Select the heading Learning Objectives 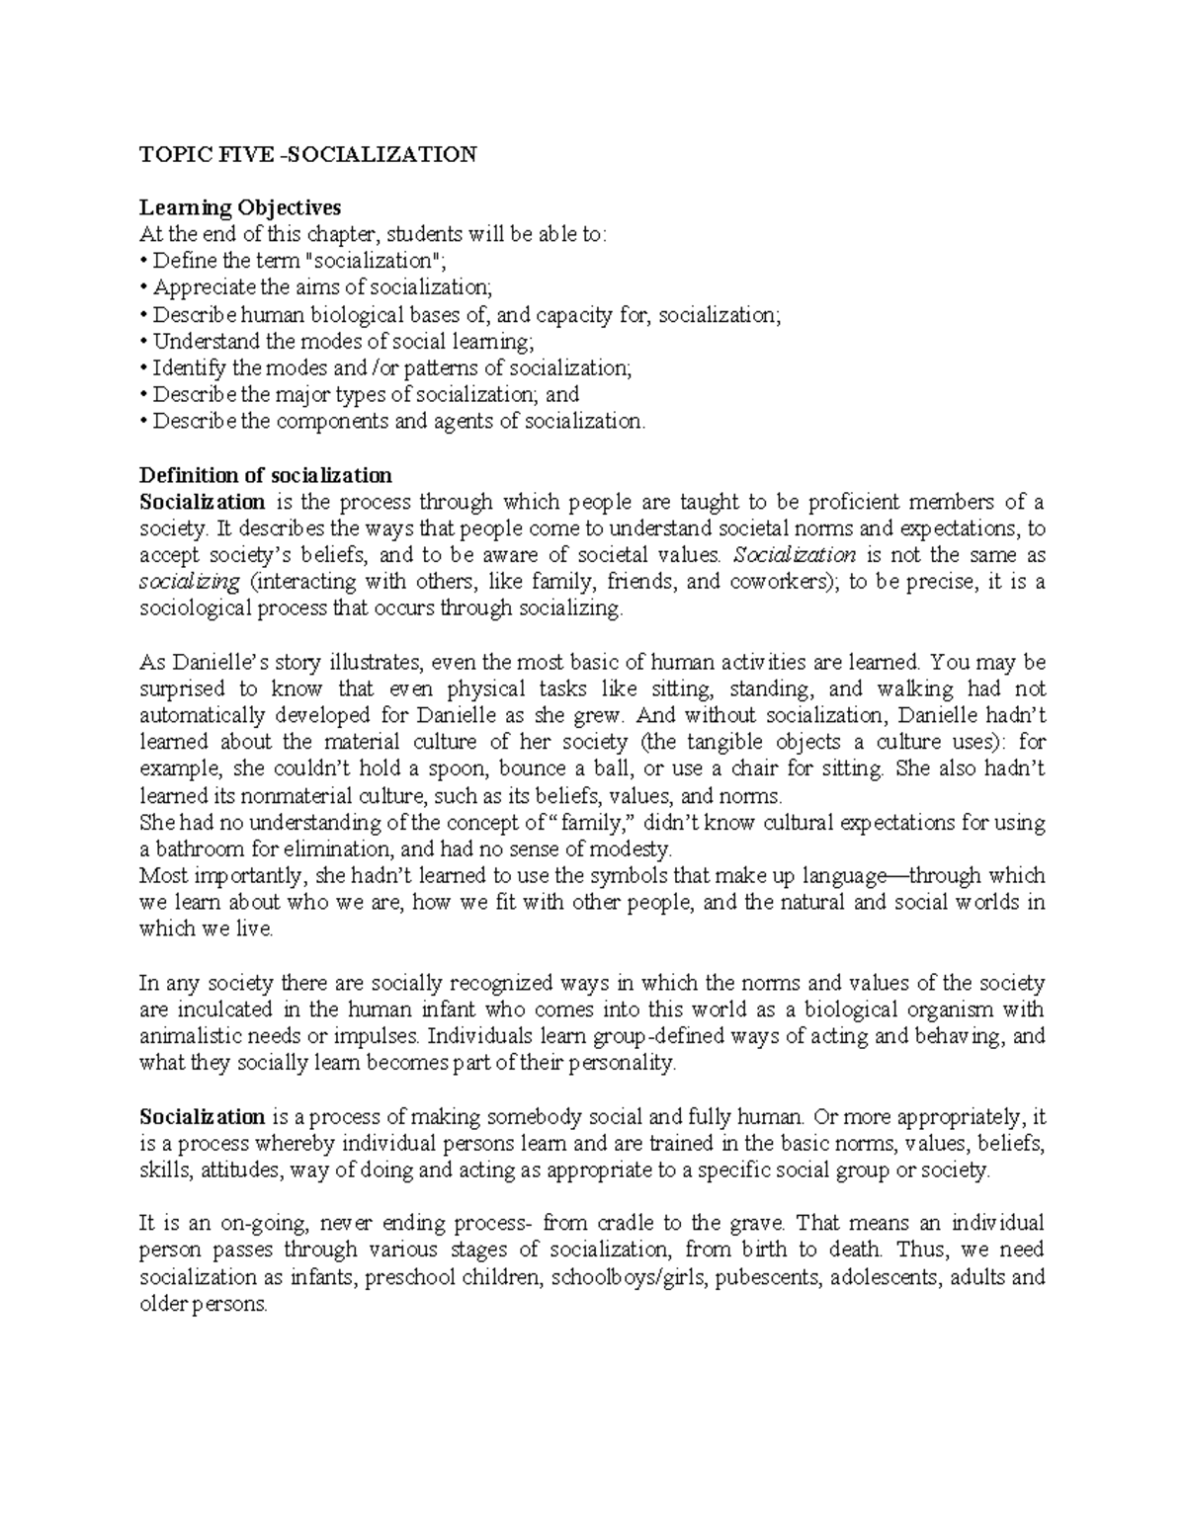[x=240, y=207]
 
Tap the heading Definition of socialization [x=266, y=474]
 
